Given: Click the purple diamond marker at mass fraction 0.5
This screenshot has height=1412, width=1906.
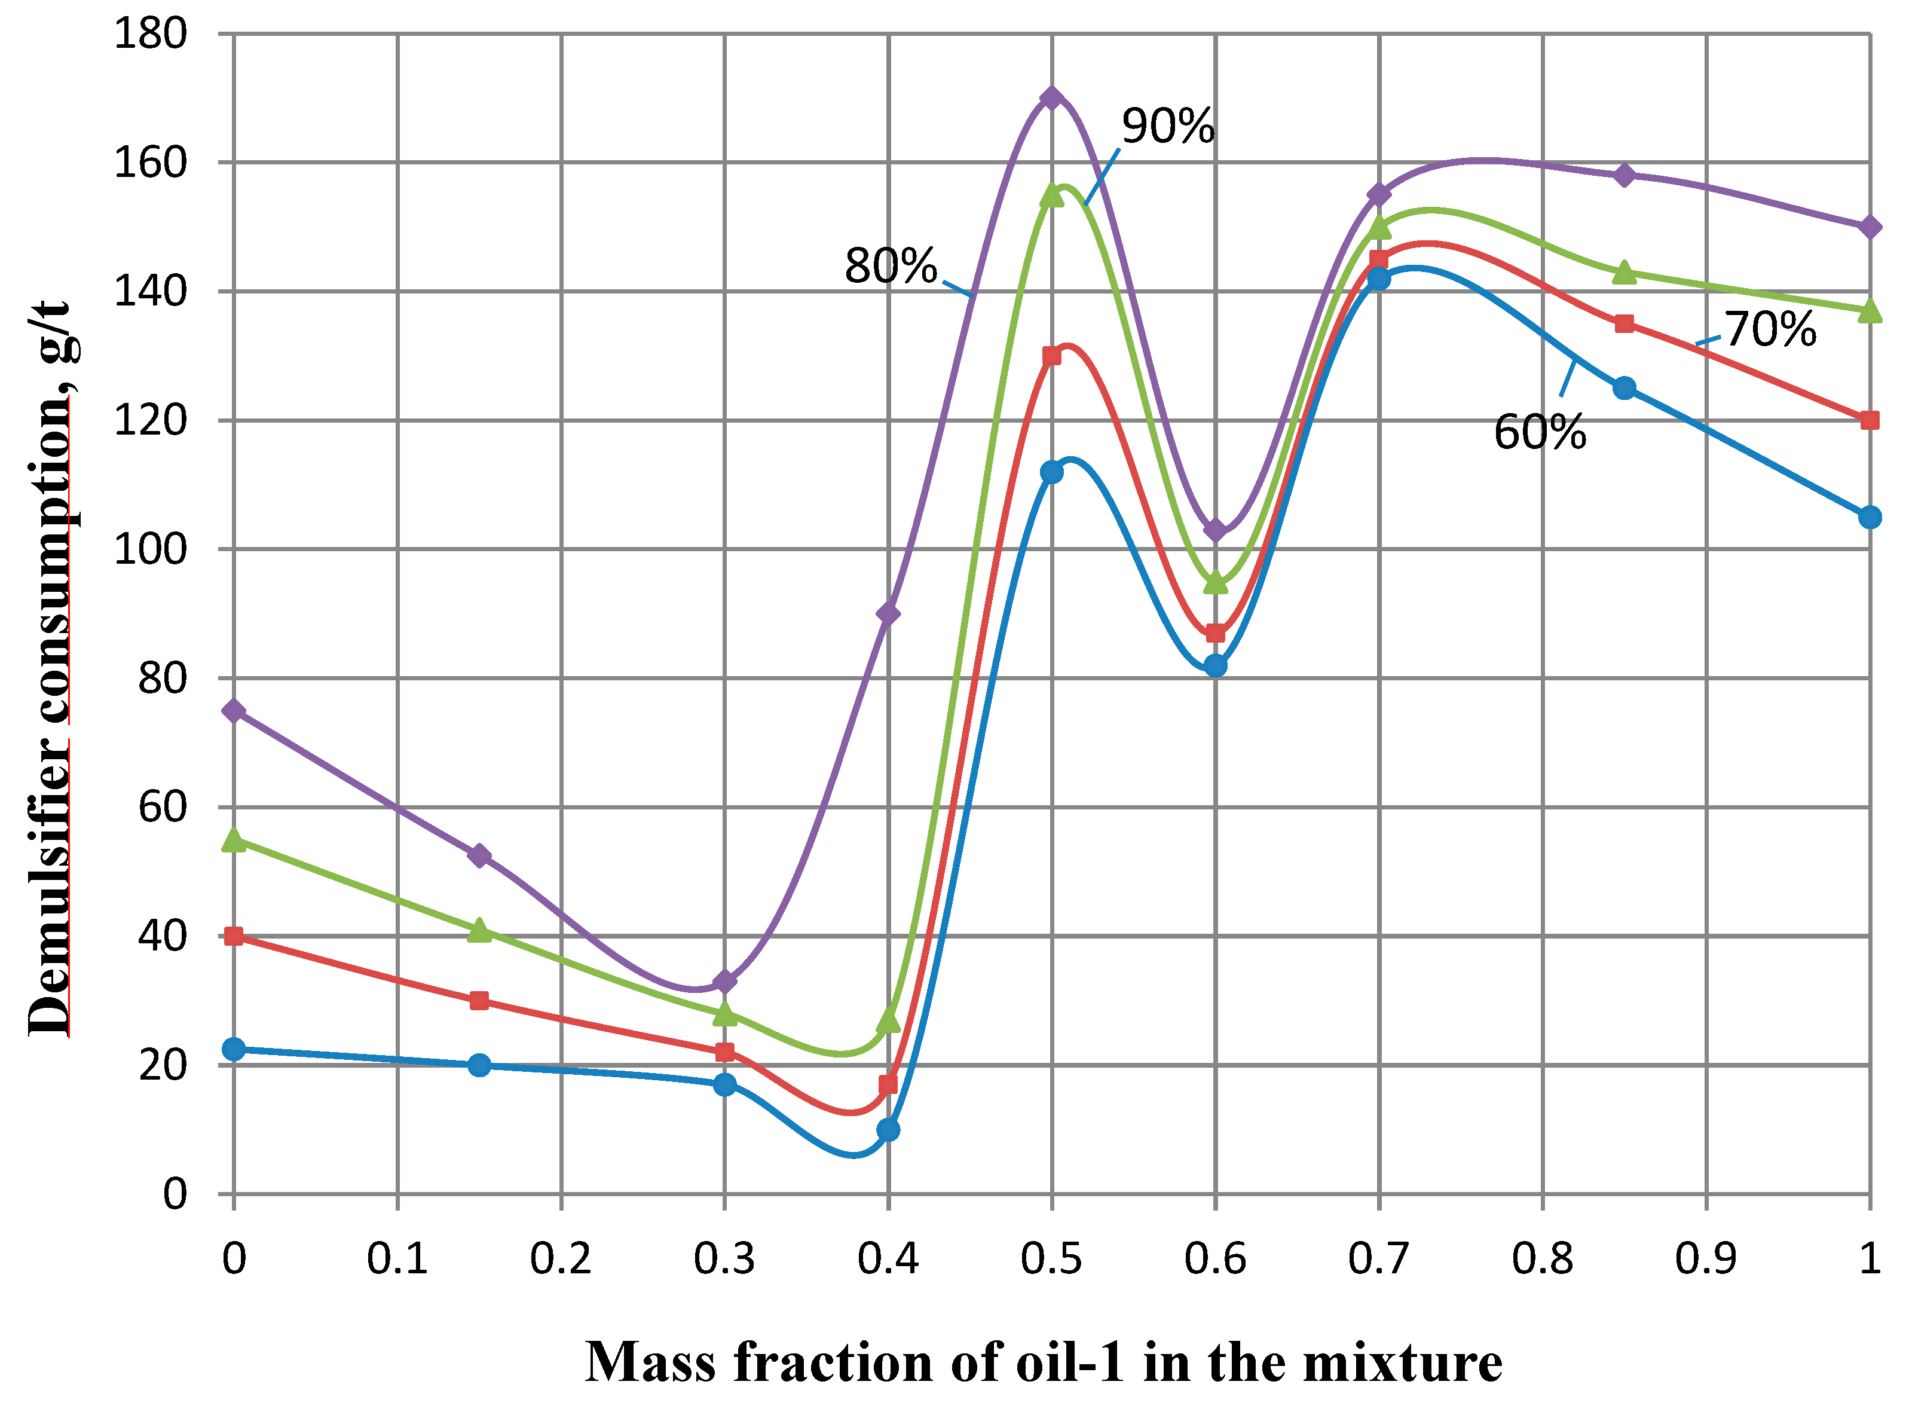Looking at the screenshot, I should (1052, 97).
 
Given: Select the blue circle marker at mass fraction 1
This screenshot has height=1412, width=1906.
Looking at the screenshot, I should (1870, 517).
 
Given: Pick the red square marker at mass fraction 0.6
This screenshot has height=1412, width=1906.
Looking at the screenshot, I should (1215, 633).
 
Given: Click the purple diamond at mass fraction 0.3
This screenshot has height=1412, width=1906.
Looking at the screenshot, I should (724, 981).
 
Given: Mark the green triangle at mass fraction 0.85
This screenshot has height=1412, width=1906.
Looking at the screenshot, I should (1624, 272).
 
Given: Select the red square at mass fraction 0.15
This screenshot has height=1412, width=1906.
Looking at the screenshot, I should (479, 1000).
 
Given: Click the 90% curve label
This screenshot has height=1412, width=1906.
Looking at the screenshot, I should (1167, 127).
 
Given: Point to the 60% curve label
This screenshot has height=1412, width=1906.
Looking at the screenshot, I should (1540, 432).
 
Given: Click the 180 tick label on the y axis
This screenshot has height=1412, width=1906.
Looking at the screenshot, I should (151, 34).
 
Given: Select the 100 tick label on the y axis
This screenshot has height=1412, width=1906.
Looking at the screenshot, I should (151, 549).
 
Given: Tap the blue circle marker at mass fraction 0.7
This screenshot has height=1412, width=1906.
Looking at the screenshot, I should (1378, 279).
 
